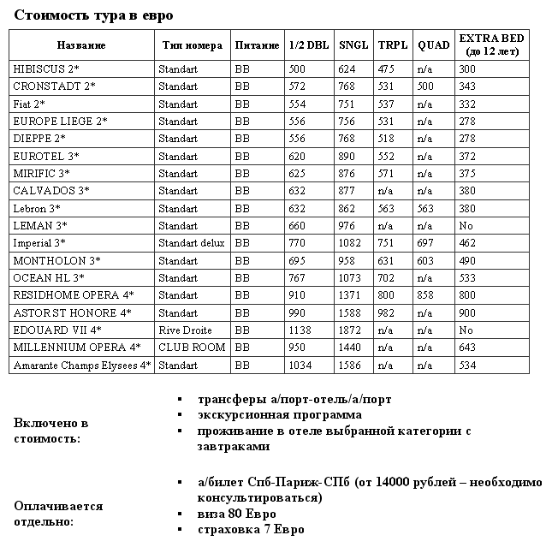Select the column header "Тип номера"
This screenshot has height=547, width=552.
point(193,45)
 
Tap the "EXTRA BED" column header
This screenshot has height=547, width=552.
point(491,45)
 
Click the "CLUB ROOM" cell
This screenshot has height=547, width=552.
point(192,348)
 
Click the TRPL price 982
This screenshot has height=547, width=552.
point(386,312)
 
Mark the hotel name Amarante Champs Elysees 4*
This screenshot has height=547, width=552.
point(82,365)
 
